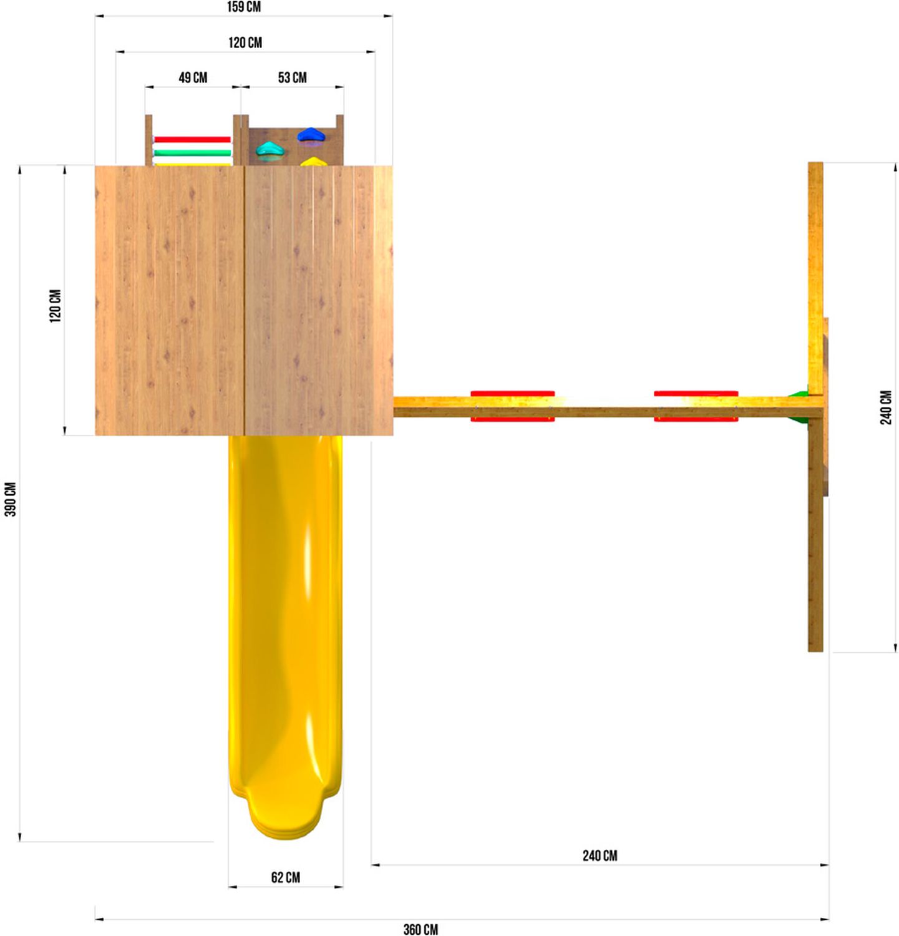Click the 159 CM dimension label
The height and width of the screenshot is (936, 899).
pos(244,7)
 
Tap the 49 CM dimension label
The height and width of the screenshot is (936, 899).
pos(193,77)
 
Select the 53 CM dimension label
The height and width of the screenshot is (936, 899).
pos(293,77)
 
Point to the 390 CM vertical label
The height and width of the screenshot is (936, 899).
pos(11,499)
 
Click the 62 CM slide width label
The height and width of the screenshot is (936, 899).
pos(286,877)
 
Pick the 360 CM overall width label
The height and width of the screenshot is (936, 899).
pos(420,929)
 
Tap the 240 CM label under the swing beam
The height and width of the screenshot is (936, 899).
pos(600,856)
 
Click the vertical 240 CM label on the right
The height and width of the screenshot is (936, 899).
pos(886,407)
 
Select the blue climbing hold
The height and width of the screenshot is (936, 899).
pos(310,134)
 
